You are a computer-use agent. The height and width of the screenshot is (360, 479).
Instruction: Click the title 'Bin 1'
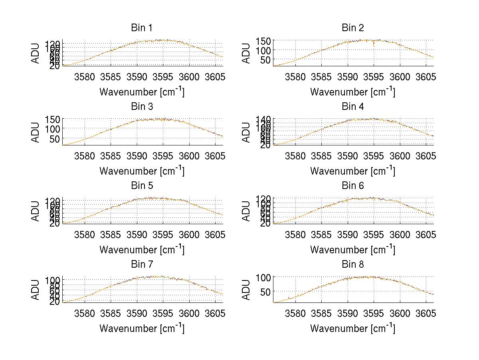141,28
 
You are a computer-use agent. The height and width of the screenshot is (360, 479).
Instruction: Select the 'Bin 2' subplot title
352,28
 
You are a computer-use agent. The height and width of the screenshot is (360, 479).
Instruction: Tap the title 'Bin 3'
141,107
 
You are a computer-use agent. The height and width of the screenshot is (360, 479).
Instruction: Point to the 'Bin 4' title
352,107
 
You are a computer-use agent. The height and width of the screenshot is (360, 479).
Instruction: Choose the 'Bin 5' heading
141,185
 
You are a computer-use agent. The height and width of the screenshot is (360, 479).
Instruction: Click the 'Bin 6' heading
352,185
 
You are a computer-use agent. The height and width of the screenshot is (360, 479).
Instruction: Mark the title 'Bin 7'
141,264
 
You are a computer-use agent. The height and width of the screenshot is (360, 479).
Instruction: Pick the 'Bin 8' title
352,264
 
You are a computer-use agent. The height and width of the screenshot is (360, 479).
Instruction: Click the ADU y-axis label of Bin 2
247,53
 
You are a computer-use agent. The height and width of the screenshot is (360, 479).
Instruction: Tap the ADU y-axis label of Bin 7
36,289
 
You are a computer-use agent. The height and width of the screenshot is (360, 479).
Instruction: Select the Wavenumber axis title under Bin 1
142,92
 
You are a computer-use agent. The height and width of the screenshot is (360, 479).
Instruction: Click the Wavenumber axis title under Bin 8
352,328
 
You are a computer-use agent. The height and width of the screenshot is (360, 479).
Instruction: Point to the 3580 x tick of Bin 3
85,155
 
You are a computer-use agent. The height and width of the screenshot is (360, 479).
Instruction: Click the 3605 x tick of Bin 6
425,234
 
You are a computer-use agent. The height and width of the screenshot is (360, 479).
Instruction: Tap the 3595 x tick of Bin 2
373,76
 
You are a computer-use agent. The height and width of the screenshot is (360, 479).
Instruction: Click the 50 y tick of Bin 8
268,292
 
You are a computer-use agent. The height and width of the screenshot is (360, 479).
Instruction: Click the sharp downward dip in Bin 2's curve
374,45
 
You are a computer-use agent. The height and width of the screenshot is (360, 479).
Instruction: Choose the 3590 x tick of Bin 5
137,234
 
